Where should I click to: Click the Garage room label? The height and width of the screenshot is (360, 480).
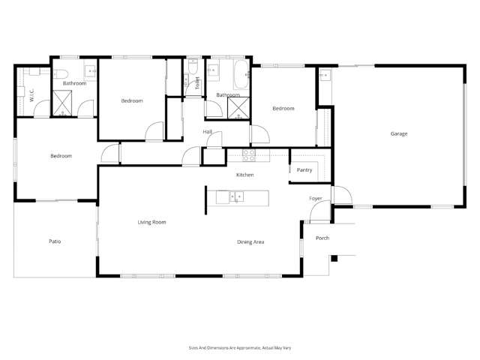pyautogui.click(x=398, y=133)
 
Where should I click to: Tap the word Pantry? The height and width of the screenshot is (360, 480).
pyautogui.click(x=304, y=170)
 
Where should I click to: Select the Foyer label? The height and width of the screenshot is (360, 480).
pyautogui.click(x=316, y=198)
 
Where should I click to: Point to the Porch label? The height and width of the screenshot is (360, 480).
pyautogui.click(x=322, y=238)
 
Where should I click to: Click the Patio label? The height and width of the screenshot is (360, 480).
pyautogui.click(x=55, y=241)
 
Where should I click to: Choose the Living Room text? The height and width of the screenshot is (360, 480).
pyautogui.click(x=151, y=222)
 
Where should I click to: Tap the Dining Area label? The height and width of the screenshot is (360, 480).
pyautogui.click(x=250, y=241)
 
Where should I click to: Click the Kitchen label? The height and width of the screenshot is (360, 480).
pyautogui.click(x=245, y=175)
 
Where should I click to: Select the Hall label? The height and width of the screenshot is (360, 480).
pyautogui.click(x=208, y=132)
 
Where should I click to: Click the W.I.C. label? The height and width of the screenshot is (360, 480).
pyautogui.click(x=31, y=95)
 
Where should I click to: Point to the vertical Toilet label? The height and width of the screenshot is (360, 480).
pyautogui.click(x=197, y=84)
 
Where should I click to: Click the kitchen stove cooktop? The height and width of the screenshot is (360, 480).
pyautogui.click(x=250, y=155)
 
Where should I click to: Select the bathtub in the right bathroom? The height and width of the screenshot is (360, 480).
pyautogui.click(x=239, y=75)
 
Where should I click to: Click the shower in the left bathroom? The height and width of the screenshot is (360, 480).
pyautogui.click(x=63, y=103)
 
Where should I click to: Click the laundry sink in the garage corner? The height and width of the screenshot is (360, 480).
pyautogui.click(x=325, y=75)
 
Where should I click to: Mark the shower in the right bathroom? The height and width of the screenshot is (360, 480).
pyautogui.click(x=239, y=108)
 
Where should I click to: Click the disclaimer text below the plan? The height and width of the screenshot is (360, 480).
pyautogui.click(x=239, y=348)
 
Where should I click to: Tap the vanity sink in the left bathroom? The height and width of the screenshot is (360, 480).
pyautogui.click(x=91, y=73)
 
